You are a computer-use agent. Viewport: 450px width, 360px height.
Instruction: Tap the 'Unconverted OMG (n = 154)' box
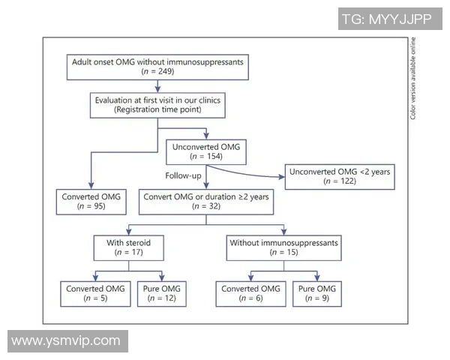(208, 151)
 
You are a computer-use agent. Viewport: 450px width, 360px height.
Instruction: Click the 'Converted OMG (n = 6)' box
(250, 293)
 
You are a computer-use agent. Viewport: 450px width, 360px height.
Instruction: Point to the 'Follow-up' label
(184, 175)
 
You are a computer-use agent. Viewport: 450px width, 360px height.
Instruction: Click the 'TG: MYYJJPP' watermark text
(386, 18)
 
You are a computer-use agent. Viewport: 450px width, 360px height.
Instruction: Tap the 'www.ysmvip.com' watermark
(66, 340)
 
